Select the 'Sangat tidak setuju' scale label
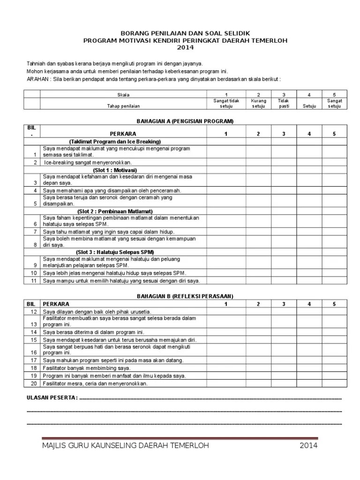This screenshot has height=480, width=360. [x=226, y=103]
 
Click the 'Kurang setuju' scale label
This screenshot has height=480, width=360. [x=258, y=103]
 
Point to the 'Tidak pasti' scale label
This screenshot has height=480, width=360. [x=283, y=103]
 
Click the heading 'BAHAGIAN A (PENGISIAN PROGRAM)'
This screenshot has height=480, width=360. [x=185, y=121]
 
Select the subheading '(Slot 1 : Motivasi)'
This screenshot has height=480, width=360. [x=115, y=170]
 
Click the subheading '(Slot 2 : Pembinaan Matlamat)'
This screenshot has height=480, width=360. [x=115, y=211]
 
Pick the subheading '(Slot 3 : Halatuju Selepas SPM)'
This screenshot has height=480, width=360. [x=115, y=252]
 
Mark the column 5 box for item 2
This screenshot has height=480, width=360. [x=334, y=162]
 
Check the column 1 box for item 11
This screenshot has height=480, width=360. [x=226, y=281]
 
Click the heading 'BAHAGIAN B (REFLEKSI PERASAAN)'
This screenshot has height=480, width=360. [x=185, y=296]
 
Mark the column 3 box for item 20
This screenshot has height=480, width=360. [x=283, y=383]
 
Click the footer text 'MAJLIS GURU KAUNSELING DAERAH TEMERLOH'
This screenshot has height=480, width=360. [x=125, y=445]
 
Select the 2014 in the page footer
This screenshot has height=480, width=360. [x=308, y=445]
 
